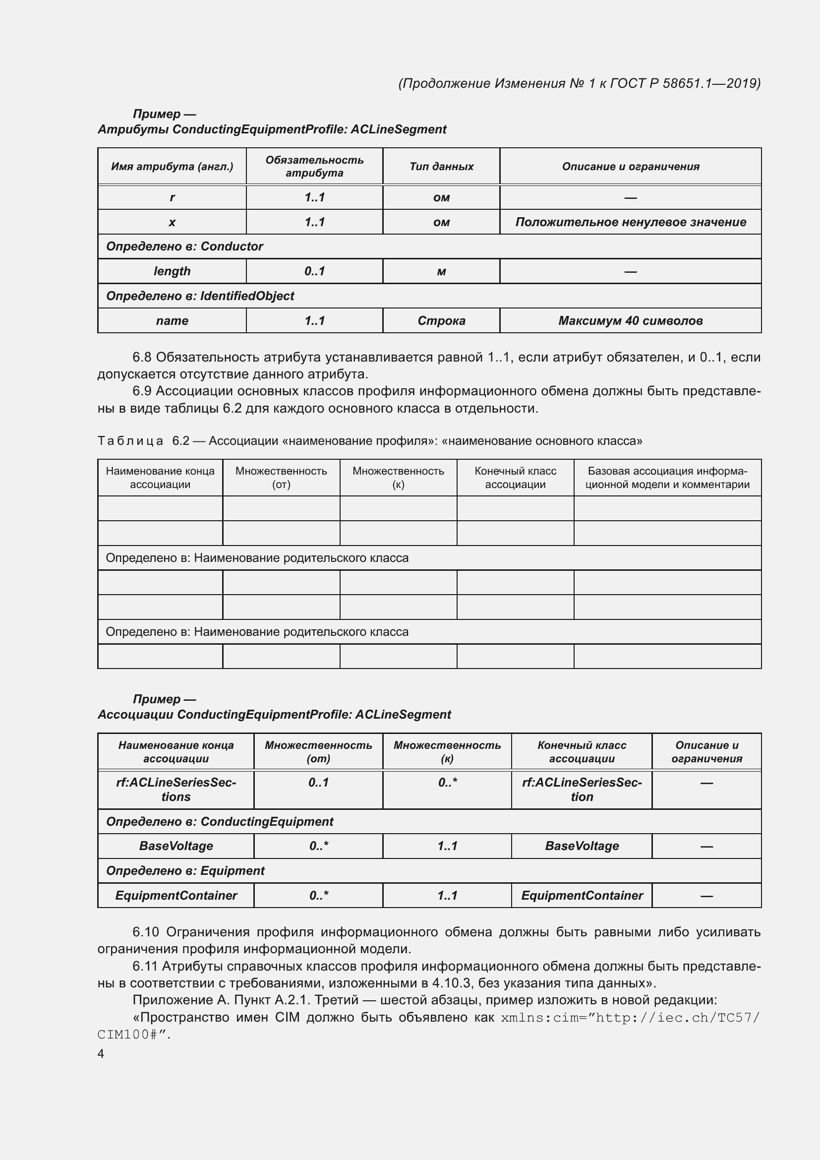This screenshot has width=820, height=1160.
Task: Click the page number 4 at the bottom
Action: tap(101, 1053)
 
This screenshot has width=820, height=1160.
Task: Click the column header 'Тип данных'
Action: tap(441, 166)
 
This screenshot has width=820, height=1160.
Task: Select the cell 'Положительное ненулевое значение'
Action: tap(630, 222)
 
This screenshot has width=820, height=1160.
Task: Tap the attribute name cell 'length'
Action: tap(172, 271)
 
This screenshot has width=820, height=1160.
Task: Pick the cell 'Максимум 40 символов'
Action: tap(630, 321)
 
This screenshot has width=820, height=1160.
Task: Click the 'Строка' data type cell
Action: tap(441, 321)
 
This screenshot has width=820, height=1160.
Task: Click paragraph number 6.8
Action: tap(142, 357)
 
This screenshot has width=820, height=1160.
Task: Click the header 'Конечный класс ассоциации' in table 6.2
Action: tap(515, 478)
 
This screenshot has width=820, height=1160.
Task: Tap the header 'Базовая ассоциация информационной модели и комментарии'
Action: tap(667, 478)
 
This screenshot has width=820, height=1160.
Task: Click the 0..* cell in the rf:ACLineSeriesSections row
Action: tap(447, 783)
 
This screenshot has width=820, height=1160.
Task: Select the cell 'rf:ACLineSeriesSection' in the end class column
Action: tap(581, 789)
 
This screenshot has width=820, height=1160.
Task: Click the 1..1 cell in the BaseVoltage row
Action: tap(447, 846)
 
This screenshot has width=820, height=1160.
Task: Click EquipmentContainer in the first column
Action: tap(176, 895)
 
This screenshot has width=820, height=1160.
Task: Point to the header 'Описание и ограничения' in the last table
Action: tap(706, 751)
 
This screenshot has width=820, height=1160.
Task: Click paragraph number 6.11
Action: tap(145, 966)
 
